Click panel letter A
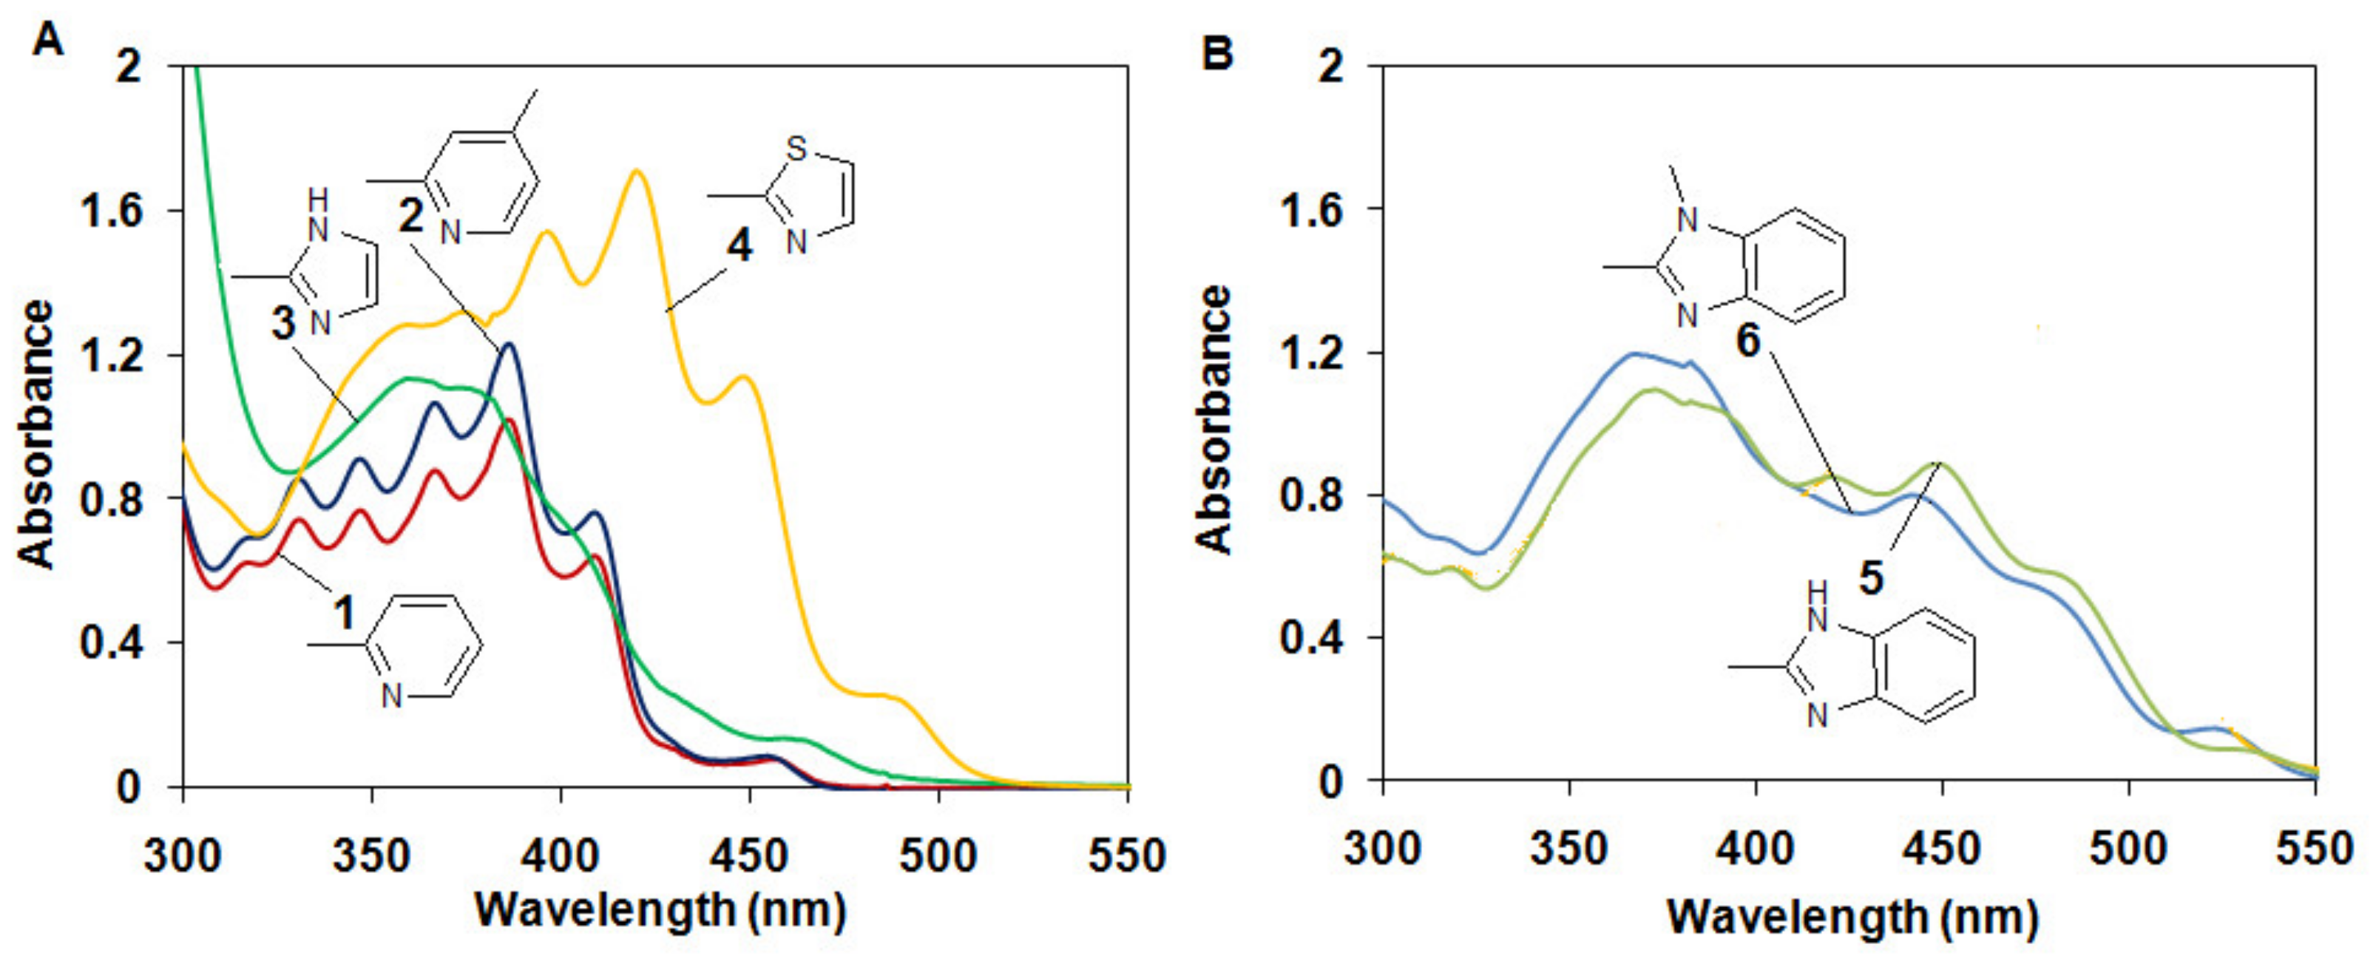[x=48, y=41]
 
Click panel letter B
[x=1217, y=52]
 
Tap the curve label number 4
[x=739, y=245]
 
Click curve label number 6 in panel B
[x=1748, y=342]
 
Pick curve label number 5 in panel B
[x=1870, y=579]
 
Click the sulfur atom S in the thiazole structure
[x=796, y=149]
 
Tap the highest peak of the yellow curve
[x=635, y=172]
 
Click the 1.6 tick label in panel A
[x=111, y=211]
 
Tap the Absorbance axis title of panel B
[x=1215, y=419]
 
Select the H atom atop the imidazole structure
[x=317, y=198]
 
